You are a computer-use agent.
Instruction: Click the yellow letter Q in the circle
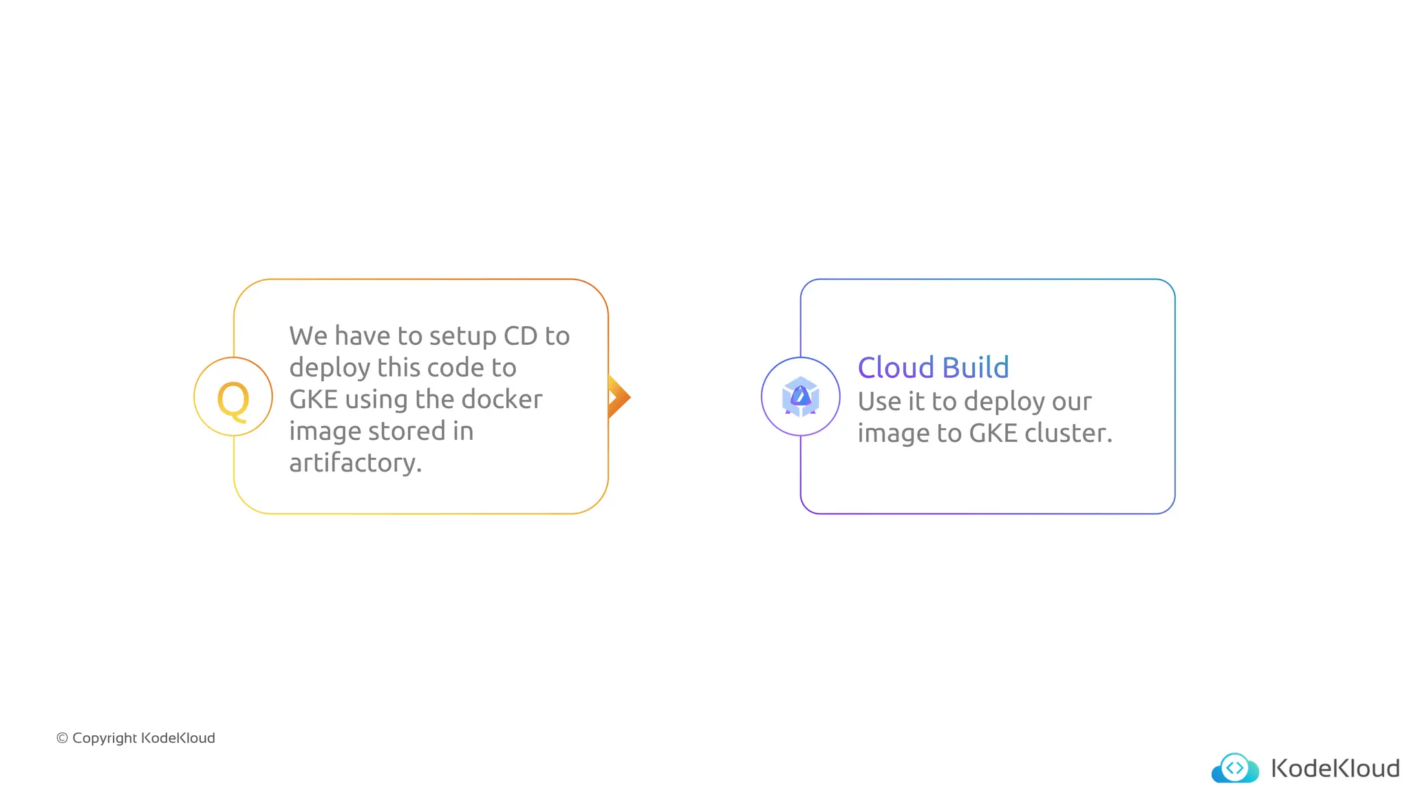[x=233, y=399]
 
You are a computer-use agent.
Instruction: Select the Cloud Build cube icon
[x=800, y=396]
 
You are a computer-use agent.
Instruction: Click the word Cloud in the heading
[x=895, y=368]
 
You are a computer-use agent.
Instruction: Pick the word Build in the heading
[x=975, y=368]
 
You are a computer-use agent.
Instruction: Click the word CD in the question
[x=520, y=336]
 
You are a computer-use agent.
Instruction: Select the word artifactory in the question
[x=355, y=463]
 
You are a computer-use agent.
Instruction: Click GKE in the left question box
[x=314, y=399]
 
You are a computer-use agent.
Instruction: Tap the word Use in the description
[x=879, y=401]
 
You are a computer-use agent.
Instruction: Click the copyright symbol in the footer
[x=62, y=738]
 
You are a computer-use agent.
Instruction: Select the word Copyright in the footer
[x=105, y=739]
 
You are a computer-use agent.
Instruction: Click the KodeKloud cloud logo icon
[x=1235, y=768]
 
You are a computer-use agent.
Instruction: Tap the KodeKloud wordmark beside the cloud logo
[x=1335, y=768]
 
